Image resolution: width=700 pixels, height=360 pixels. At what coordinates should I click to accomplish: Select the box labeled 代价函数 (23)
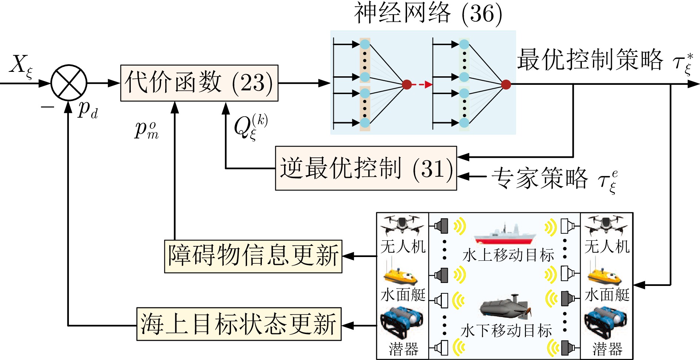(199, 83)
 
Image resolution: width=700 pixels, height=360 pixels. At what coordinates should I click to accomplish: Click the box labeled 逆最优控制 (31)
(366, 169)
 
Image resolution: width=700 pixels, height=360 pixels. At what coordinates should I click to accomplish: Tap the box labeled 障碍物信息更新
(253, 256)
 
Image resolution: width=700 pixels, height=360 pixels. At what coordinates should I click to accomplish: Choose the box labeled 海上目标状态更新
(239, 324)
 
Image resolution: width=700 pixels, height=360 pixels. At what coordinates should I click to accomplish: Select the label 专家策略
(539, 178)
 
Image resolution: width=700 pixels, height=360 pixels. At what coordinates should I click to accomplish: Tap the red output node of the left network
(407, 85)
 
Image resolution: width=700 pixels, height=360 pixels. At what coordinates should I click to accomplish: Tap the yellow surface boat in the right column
(604, 276)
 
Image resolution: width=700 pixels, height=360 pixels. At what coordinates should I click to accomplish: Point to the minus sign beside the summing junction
(47, 107)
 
